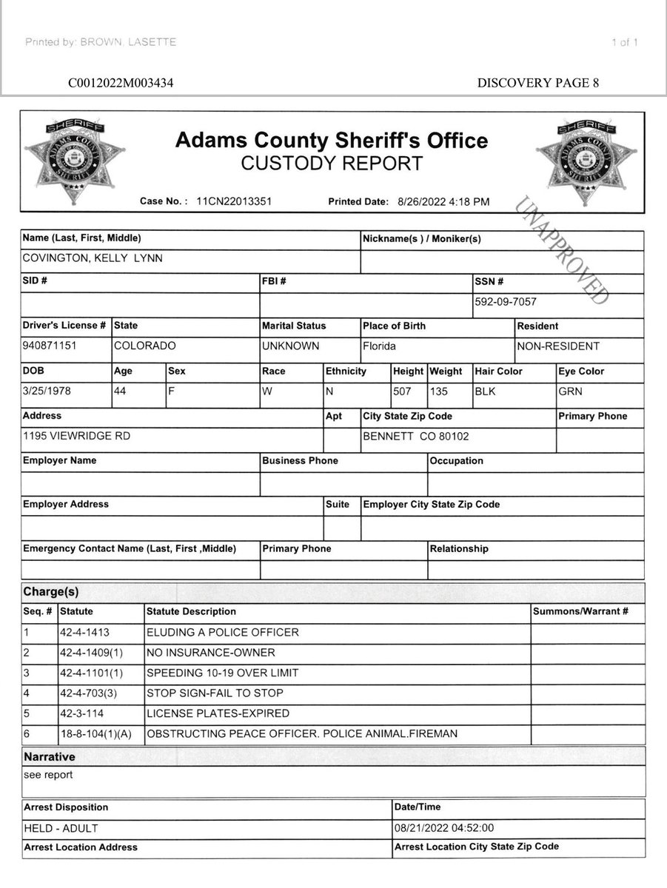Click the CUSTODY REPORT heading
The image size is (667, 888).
tap(332, 164)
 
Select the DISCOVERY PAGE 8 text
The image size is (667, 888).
tap(538, 83)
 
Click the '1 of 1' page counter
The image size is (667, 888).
tap(625, 42)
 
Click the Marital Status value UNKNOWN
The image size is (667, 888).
tap(290, 346)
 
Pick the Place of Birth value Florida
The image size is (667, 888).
tap(379, 346)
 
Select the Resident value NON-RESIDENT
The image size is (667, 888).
tap(558, 346)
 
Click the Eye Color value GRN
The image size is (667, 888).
tap(571, 391)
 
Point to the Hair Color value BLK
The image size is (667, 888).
tap(487, 391)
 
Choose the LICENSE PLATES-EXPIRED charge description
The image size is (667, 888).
tap(218, 713)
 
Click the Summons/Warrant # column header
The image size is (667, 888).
tap(580, 611)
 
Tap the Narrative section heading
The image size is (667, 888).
tap(49, 757)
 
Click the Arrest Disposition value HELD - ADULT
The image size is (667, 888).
tap(61, 828)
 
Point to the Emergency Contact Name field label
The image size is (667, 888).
tap(130, 548)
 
